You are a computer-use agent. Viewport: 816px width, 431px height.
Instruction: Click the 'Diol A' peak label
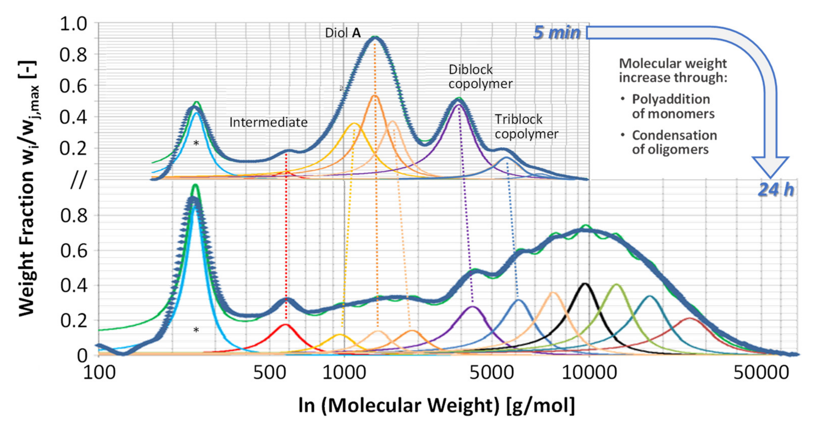click(x=343, y=33)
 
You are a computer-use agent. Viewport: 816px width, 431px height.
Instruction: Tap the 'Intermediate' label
click(x=268, y=122)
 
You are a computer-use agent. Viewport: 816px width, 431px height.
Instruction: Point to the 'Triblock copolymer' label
click(x=526, y=127)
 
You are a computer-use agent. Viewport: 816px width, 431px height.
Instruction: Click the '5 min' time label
click(x=556, y=33)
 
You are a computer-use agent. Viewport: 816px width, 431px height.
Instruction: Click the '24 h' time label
click(x=776, y=190)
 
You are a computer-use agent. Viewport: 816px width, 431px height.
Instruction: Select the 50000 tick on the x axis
click(x=761, y=373)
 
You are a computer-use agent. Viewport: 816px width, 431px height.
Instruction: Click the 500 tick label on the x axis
click(x=269, y=373)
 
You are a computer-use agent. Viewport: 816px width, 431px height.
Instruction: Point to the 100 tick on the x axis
click(x=99, y=373)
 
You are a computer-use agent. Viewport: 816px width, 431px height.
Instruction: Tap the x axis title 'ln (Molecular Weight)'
click(x=437, y=405)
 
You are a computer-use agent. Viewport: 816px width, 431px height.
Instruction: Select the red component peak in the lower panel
click(x=285, y=325)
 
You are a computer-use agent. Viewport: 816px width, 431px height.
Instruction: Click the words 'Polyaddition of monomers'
click(x=673, y=106)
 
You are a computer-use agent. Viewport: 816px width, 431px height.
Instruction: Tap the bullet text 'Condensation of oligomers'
click(x=674, y=142)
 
